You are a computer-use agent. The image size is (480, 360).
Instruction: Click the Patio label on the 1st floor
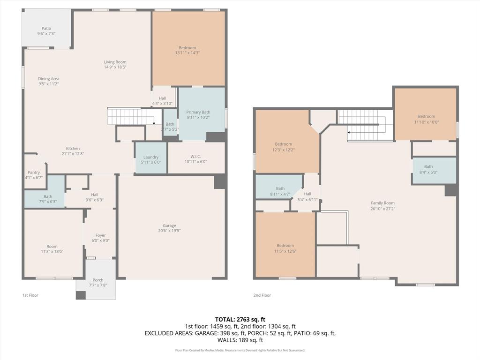point(46,29)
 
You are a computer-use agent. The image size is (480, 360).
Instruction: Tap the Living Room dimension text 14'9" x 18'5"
point(115,67)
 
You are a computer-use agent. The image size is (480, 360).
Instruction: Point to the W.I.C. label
point(196,157)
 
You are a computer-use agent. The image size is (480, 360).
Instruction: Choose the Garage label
point(169,225)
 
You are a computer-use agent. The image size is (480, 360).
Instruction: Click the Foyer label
point(100,235)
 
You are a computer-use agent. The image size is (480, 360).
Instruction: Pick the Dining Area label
point(49,79)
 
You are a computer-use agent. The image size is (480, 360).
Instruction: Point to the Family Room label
point(382,203)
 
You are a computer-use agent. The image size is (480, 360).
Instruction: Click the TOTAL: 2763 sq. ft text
point(240,319)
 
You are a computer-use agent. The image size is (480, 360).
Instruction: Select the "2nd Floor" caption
point(262,295)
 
